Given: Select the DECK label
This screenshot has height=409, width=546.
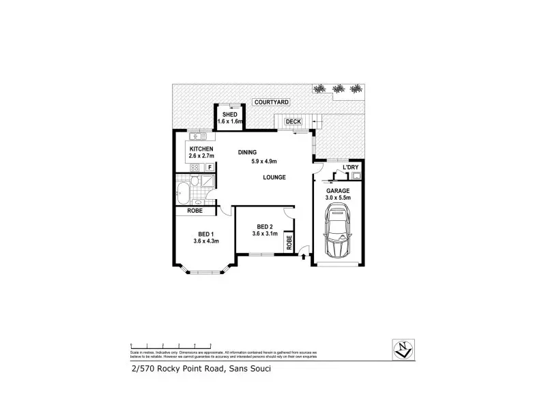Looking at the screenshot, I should pos(293,122).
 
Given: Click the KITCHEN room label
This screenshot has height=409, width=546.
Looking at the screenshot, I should pos(201,149).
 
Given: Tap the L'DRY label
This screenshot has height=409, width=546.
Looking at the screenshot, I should pos(351,167).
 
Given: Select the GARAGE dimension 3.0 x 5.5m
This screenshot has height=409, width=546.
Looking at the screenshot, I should pos(337,198).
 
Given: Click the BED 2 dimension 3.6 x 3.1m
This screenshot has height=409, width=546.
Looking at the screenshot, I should pos(265,234).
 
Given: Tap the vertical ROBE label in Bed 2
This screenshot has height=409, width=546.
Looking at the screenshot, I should pos(289,241).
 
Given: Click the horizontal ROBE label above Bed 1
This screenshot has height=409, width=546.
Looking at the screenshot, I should pos(195,211).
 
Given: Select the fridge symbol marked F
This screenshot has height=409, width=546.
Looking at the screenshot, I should pos(210,167).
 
